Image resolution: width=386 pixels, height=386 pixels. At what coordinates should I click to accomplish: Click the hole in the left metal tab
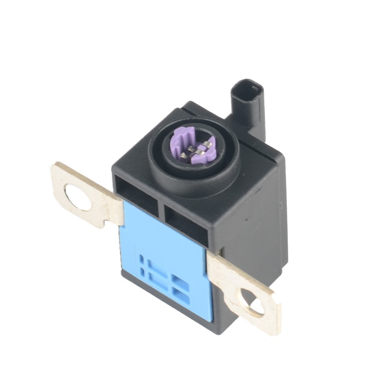[78, 197]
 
